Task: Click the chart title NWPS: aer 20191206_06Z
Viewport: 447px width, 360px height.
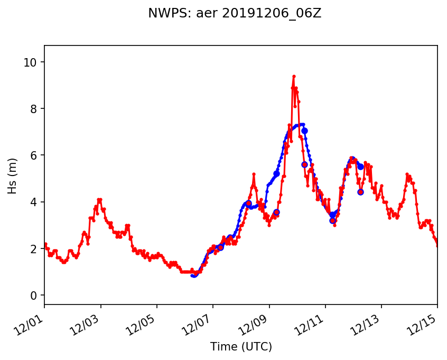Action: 235,14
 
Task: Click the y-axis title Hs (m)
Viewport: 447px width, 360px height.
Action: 12,176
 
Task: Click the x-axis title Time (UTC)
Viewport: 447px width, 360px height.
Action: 241,347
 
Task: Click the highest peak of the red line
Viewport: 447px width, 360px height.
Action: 294,76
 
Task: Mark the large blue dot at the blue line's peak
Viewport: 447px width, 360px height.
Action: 304,131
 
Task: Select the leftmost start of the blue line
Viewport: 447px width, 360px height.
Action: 192,275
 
